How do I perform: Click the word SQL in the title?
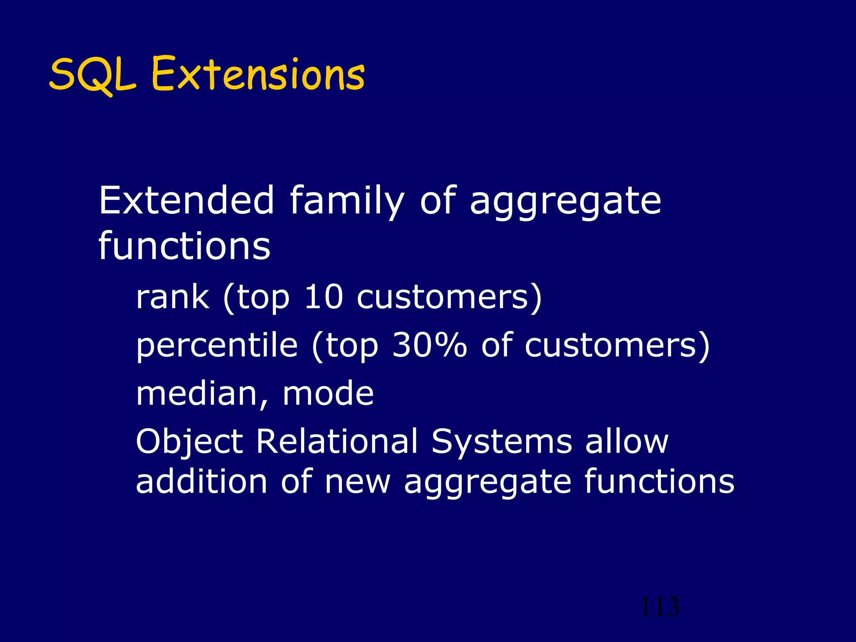[x=93, y=75]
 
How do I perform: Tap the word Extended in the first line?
[x=186, y=201]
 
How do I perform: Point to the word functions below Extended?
[x=184, y=246]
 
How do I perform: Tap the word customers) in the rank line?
[x=449, y=298]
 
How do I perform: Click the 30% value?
[x=429, y=346]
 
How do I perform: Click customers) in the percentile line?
[x=617, y=346]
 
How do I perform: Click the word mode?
[x=328, y=394]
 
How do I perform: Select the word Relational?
[x=337, y=441]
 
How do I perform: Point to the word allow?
[x=627, y=441]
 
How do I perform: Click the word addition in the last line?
[x=201, y=481]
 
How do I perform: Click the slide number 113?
[x=660, y=607]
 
